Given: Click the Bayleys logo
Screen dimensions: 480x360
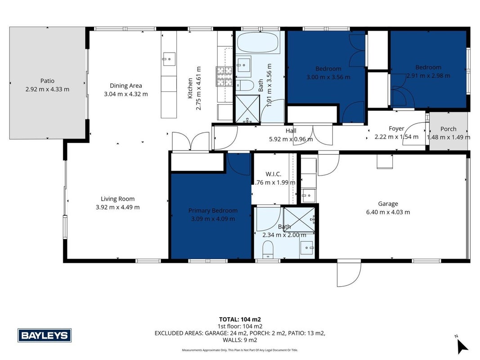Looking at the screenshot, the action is [x=45, y=335].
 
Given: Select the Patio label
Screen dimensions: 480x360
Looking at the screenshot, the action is [x=47, y=81].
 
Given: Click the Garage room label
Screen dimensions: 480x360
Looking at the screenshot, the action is [x=388, y=203].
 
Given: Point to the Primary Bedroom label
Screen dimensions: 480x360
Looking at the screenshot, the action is [x=213, y=211].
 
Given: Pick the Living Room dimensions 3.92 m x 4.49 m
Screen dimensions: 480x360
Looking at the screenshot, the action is [x=117, y=207].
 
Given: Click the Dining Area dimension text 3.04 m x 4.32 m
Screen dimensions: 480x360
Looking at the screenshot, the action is [x=126, y=94].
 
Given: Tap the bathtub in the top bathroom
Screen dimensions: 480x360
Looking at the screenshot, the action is [x=258, y=43].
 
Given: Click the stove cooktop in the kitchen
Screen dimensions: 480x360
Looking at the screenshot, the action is [x=224, y=76].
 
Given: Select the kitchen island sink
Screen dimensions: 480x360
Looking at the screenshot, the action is [x=169, y=59].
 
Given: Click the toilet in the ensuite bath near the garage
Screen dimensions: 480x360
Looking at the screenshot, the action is [x=268, y=249].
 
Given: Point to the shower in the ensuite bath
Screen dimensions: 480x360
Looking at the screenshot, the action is [x=299, y=220].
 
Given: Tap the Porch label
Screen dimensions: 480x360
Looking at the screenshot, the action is [x=448, y=129].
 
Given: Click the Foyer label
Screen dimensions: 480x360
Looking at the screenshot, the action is [x=396, y=129].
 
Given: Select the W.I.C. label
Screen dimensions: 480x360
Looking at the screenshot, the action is [x=274, y=174].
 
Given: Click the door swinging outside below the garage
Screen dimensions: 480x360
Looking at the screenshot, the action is [x=349, y=273].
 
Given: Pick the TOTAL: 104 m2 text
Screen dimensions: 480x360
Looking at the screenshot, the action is [x=240, y=319].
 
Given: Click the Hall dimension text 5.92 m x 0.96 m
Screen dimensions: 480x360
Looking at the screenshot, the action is [x=291, y=139].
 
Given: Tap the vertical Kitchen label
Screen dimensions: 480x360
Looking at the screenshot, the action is [x=190, y=88].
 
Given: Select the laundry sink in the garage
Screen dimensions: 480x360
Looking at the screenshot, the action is [x=308, y=195].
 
